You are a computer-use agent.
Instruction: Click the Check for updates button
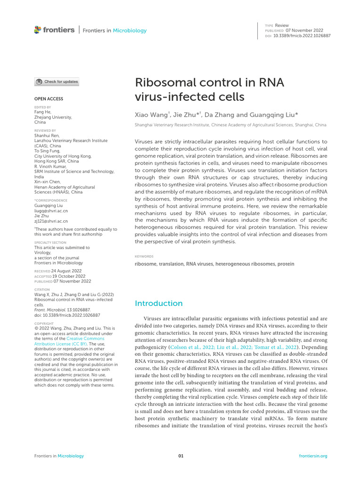57,82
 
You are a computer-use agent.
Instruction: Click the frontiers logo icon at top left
38,30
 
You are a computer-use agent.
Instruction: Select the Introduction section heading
158,303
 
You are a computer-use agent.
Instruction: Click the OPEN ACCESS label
49,99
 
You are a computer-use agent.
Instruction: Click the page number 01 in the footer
181,456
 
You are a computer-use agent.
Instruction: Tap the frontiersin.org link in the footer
313,456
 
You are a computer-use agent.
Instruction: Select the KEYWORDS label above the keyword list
144,257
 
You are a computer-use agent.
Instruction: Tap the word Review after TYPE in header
282,25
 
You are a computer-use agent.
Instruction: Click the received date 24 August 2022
66,271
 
